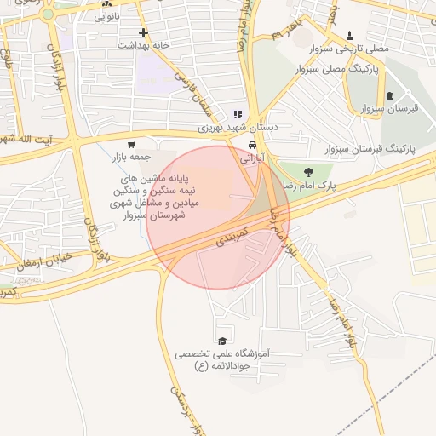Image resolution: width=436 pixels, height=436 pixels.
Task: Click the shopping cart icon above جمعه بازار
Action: pos(131,145)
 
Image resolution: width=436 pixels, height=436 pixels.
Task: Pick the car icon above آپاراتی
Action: pos(252,145)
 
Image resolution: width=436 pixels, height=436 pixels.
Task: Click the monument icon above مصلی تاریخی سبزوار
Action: pos(350,35)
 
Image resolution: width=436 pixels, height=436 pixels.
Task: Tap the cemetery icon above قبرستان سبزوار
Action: pos(390,95)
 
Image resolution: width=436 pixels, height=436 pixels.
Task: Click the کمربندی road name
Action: pos(231,237)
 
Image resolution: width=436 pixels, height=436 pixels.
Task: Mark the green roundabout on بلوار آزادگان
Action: pos(49,14)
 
